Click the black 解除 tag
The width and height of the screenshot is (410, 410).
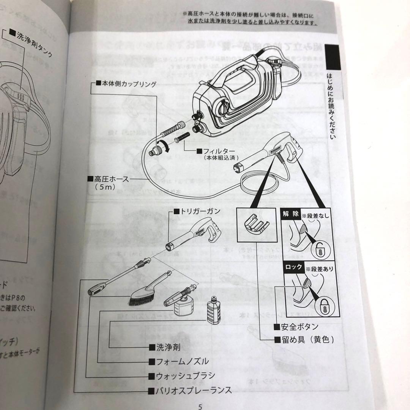(x=290, y=214)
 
